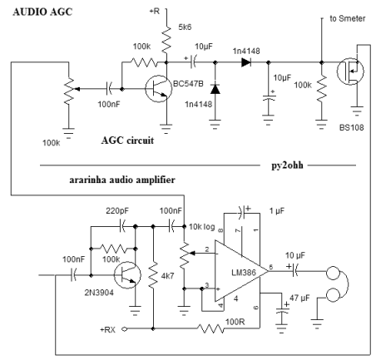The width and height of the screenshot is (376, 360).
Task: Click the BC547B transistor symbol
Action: pos(158,89)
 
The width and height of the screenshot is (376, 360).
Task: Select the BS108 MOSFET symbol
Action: pos(350,72)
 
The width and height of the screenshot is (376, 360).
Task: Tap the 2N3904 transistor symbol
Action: pos(127,275)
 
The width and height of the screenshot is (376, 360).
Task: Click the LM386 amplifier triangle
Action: pos(241,271)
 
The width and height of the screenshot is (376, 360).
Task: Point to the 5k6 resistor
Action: pos(166,39)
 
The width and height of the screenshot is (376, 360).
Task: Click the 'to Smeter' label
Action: pos(348,18)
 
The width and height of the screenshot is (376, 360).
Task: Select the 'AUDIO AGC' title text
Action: pos(42,12)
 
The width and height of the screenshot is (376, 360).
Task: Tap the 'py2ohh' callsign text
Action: pos(287,165)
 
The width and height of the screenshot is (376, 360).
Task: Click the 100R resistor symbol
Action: pos(210,328)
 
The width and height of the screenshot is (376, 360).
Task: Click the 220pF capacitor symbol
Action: pos(122,226)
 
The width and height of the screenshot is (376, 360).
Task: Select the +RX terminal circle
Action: pos(125,329)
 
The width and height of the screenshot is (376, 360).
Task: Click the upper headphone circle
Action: pos(333,273)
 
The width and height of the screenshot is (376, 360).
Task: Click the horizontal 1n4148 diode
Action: pos(246,62)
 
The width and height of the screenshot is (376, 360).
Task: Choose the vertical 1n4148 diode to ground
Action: pos(215,89)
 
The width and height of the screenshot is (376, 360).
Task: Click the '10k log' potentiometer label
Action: pos(202,227)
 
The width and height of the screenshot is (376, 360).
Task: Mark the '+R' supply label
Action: pos(155,12)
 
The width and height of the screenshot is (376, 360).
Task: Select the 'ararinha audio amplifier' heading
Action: pos(122,180)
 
